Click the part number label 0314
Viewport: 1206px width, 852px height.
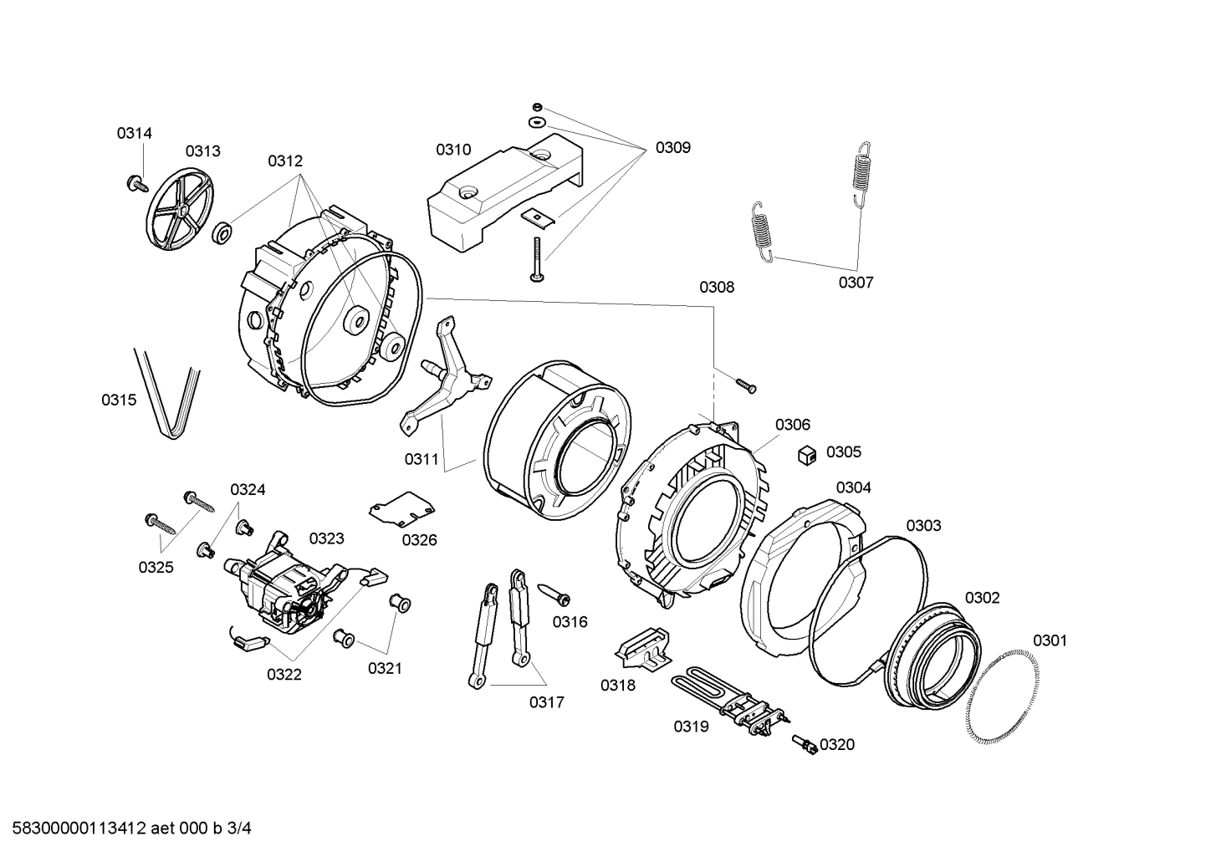pyautogui.click(x=134, y=133)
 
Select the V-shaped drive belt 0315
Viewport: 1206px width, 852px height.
pyautogui.click(x=170, y=394)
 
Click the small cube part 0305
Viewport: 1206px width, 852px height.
pyautogui.click(x=806, y=454)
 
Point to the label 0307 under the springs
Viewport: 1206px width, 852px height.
pyautogui.click(x=856, y=283)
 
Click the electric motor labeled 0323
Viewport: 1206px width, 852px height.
pyautogui.click(x=289, y=585)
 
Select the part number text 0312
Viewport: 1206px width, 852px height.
pyautogui.click(x=285, y=161)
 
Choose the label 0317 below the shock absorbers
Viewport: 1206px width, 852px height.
pyautogui.click(x=546, y=702)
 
